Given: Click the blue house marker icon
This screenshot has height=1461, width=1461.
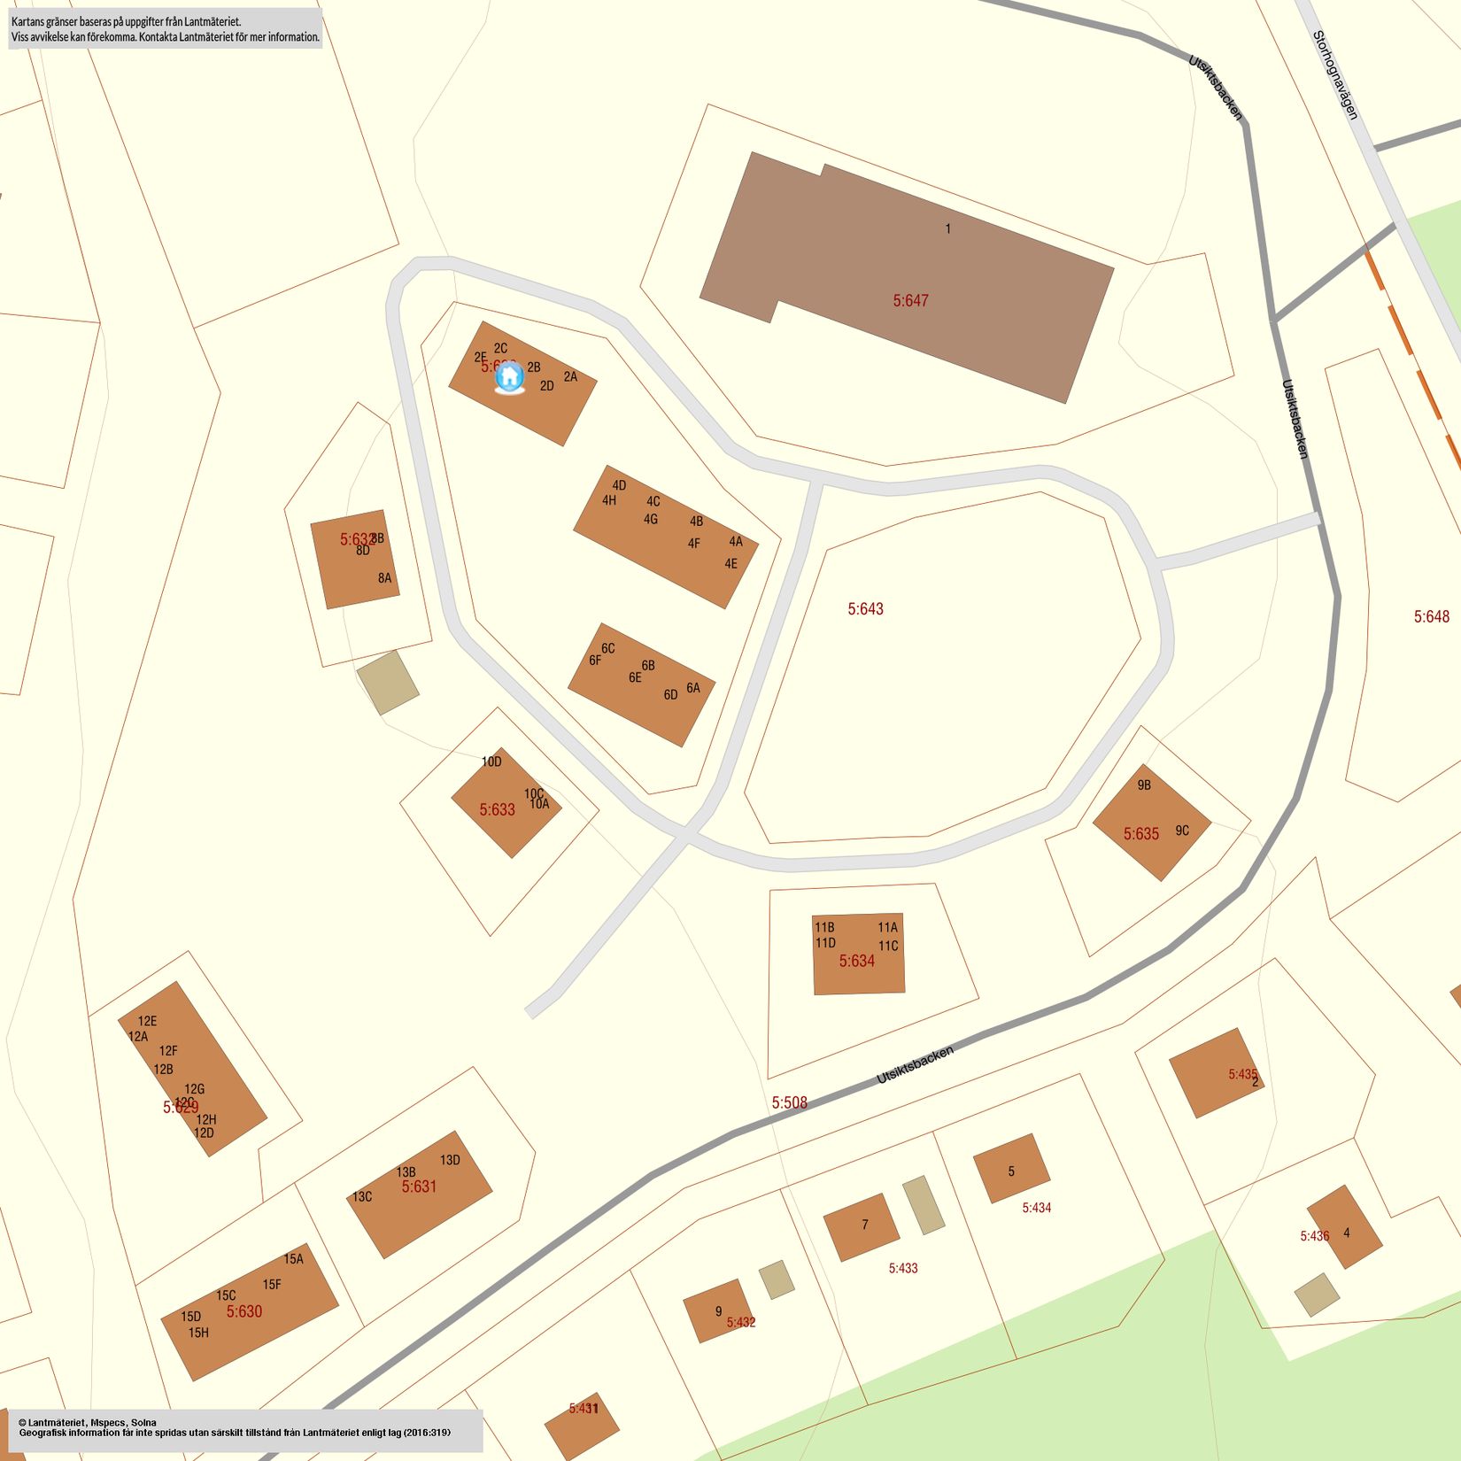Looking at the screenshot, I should (508, 378).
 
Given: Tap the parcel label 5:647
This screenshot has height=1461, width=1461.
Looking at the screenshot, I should (910, 301).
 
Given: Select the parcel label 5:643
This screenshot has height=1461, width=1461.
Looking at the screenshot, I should (865, 609).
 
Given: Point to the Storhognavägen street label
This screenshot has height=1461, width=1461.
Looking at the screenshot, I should (1334, 75).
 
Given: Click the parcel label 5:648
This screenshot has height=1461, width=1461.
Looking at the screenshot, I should (1431, 617).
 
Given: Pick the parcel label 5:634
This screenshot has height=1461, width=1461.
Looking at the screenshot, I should (856, 961).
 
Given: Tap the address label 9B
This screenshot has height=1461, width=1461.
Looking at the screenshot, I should (1144, 785).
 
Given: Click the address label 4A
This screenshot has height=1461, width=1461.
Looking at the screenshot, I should (736, 541).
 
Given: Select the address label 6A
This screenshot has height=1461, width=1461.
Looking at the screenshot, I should (692, 688).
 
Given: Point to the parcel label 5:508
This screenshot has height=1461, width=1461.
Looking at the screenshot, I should (789, 1102).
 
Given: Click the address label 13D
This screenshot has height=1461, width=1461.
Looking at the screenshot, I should (450, 1160).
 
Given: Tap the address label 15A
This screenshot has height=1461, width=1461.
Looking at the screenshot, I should (293, 1258).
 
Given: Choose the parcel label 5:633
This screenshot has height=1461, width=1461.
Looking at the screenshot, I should (497, 809).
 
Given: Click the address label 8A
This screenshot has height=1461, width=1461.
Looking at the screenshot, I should (384, 578).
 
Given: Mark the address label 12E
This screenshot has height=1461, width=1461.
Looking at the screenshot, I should (147, 1021).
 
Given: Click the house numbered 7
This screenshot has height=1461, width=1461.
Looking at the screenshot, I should (862, 1226).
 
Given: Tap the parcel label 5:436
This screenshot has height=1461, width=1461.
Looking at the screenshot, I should (1314, 1236).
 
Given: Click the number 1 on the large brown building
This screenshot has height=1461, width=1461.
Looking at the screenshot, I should (947, 228).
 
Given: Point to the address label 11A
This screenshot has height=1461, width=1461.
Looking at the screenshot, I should (887, 927).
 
